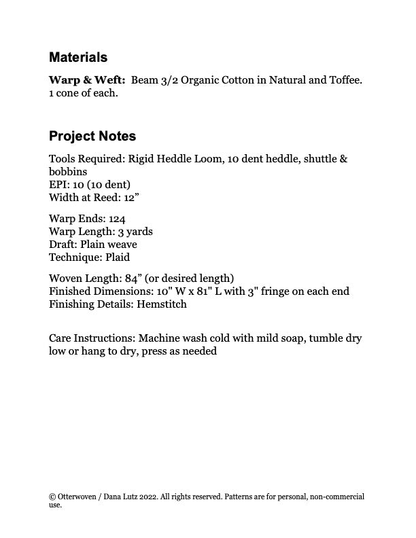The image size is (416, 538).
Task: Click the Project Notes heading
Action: (92, 136)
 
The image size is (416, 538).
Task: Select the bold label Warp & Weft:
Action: (87, 80)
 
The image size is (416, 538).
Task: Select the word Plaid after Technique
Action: (116, 257)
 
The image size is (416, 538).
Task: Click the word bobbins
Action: (68, 172)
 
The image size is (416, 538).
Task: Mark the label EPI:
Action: (59, 185)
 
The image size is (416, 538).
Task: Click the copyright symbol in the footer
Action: (52, 497)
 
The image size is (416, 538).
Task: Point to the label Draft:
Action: (63, 245)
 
